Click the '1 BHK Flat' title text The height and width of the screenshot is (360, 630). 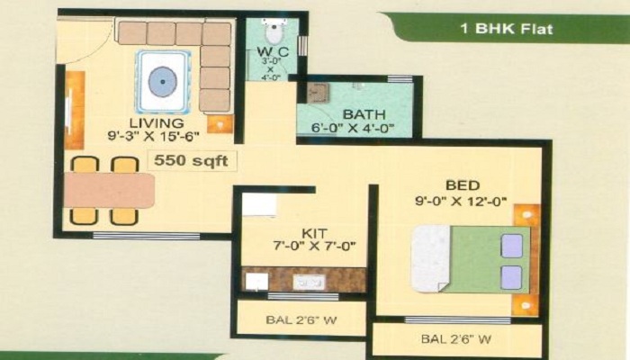(507, 29)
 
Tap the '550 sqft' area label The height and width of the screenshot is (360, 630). (191, 161)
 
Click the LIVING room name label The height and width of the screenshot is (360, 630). (157, 123)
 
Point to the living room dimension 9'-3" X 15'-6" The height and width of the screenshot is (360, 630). (153, 137)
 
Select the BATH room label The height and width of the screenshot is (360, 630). (364, 114)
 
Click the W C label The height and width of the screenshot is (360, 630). (273, 52)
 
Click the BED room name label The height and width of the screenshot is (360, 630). (463, 185)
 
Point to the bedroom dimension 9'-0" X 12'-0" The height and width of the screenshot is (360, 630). (461, 201)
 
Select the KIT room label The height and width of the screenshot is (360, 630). (315, 233)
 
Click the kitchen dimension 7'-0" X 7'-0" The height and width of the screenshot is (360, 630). (314, 246)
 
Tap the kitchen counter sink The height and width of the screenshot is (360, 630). (309, 283)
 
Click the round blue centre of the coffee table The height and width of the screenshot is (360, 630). (162, 82)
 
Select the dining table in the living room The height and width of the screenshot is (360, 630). (109, 191)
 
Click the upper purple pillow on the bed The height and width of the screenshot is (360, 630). (511, 246)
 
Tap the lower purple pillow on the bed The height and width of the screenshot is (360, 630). (511, 277)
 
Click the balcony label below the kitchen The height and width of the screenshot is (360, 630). (301, 320)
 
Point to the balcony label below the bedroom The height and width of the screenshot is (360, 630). (456, 339)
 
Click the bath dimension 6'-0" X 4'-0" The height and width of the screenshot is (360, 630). (353, 129)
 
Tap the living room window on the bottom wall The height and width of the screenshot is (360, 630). (146, 236)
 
